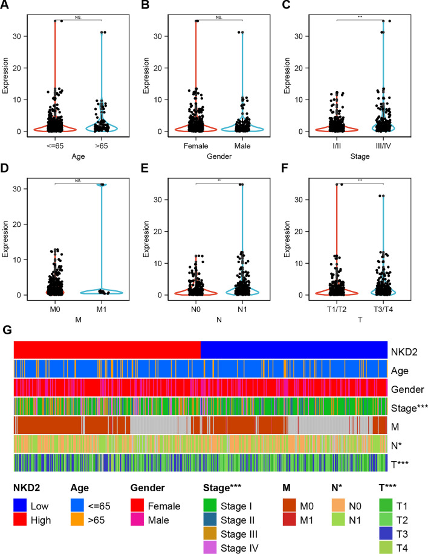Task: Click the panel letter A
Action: point(7,7)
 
